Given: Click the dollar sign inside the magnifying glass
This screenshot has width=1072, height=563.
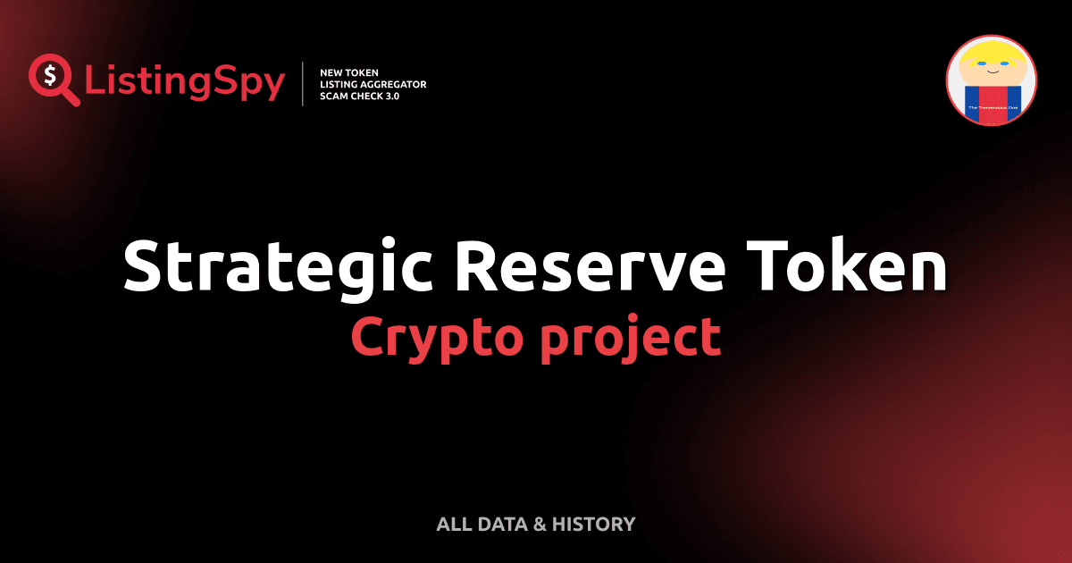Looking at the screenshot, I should (x=52, y=75).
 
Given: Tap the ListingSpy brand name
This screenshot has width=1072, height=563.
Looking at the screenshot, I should (x=185, y=83).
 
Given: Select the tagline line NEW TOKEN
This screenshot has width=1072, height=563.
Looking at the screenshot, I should (x=349, y=72).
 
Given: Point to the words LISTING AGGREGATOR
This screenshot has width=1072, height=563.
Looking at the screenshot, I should (x=373, y=84).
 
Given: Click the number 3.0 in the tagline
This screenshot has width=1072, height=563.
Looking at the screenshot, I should (x=390, y=96).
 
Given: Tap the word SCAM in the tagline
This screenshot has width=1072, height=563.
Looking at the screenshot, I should (x=333, y=96).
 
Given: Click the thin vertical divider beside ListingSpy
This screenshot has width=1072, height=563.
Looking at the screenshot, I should (x=304, y=84).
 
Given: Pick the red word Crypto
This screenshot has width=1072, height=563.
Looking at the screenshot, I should (x=429, y=338).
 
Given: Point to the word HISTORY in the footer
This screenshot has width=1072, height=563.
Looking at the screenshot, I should (x=593, y=525).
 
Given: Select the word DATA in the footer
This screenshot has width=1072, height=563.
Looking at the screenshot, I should (x=498, y=525).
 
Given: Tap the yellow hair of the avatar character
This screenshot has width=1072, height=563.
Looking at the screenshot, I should (x=991, y=52).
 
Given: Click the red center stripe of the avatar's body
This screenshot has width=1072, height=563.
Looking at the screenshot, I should (x=991, y=103).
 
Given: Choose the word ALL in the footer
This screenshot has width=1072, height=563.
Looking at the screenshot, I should (x=452, y=525).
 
